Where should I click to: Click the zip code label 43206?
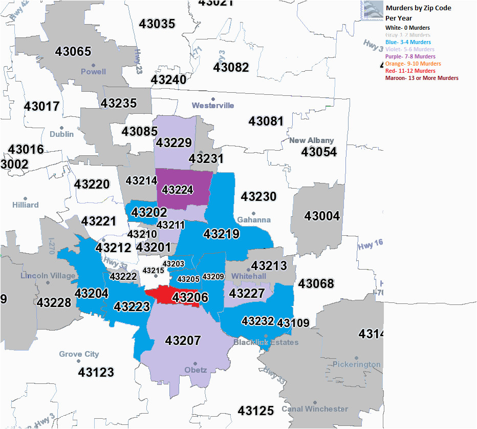click(190, 297)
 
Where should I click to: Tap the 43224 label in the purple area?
click(177, 190)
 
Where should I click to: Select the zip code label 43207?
click(183, 340)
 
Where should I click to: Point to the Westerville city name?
click(213, 105)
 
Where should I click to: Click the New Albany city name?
click(311, 140)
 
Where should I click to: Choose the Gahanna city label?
click(254, 220)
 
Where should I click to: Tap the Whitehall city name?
click(249, 276)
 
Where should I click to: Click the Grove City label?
click(79, 354)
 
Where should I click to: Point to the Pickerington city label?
click(356, 364)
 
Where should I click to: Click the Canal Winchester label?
click(315, 408)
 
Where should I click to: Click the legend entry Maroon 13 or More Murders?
click(422, 78)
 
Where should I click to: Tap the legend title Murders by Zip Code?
click(418, 8)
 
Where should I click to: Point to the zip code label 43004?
click(322, 216)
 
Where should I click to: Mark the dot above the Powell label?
click(93, 65)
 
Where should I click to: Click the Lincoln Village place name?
click(48, 276)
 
